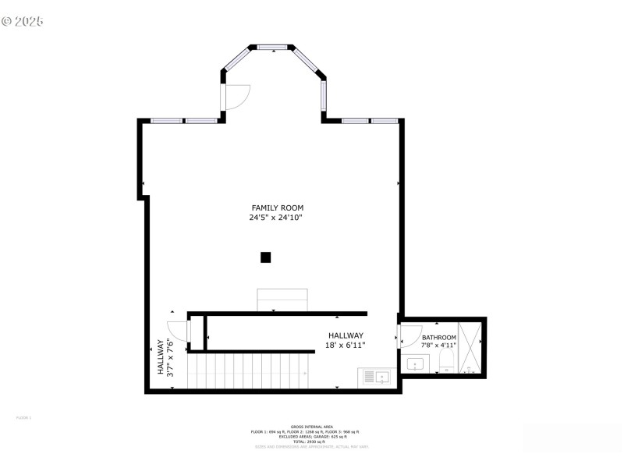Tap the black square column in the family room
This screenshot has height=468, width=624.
[x=265, y=257]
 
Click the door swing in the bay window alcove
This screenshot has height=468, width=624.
[x=236, y=95]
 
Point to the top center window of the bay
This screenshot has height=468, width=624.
[x=271, y=48]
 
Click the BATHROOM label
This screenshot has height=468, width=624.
[x=438, y=337]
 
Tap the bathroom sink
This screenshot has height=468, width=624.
[x=415, y=363]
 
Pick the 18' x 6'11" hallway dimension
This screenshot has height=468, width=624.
[x=345, y=344]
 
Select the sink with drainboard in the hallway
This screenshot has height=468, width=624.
[x=374, y=378]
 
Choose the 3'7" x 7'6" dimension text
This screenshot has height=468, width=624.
[x=170, y=357]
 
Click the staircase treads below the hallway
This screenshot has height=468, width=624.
[x=250, y=370]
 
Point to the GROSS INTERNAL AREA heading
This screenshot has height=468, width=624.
[x=311, y=426]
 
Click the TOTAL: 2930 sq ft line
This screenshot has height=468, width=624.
[x=311, y=441]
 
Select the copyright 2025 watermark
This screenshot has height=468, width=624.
[x=23, y=20]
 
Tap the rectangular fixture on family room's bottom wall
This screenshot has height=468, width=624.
[x=282, y=300]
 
